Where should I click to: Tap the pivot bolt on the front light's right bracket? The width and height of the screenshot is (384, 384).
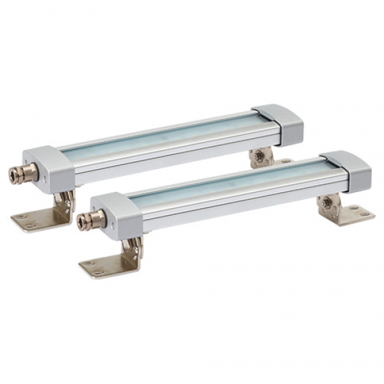(327, 202)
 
